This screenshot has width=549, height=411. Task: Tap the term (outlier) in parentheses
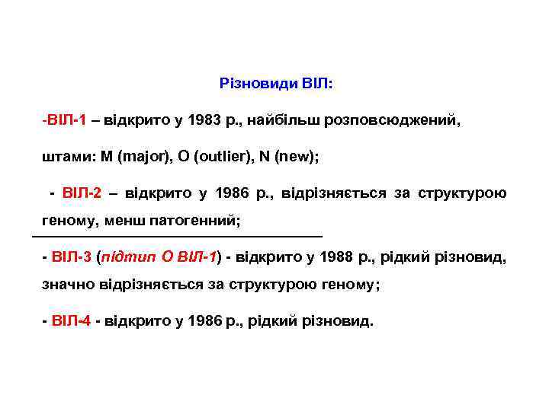pos(223,157)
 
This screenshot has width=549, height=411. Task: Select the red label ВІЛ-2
pos(82,193)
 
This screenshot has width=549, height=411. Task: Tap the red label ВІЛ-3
pos(73,256)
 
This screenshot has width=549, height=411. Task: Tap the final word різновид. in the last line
pos(341,320)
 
